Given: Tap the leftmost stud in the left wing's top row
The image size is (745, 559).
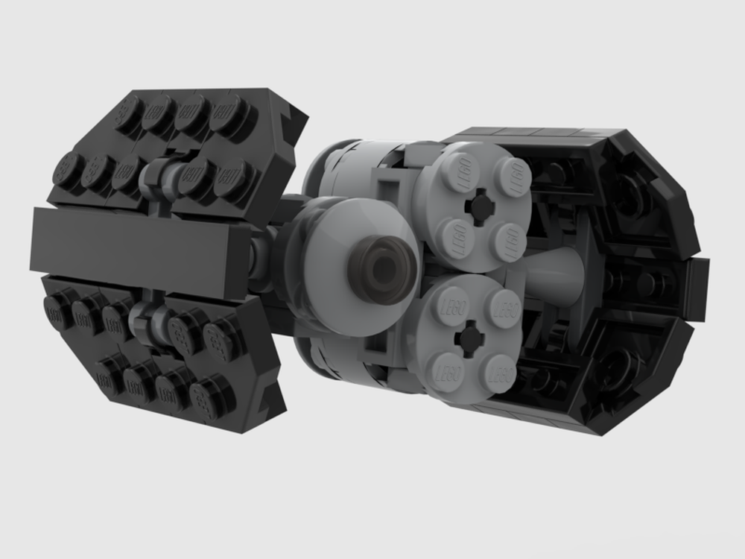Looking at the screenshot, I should pos(130,110).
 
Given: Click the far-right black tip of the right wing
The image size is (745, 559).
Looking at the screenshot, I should pos(697,279).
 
